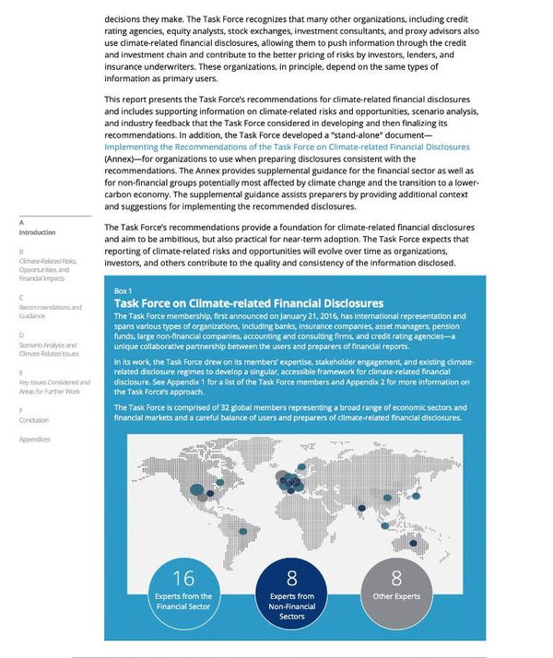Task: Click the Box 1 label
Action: point(123,290)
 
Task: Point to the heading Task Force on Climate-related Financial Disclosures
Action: point(248,302)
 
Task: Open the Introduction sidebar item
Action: point(37,232)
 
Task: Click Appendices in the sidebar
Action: point(35,440)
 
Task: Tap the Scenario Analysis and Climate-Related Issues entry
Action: point(49,349)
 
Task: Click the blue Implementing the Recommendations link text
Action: point(287,147)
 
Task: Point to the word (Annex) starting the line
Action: point(121,159)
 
